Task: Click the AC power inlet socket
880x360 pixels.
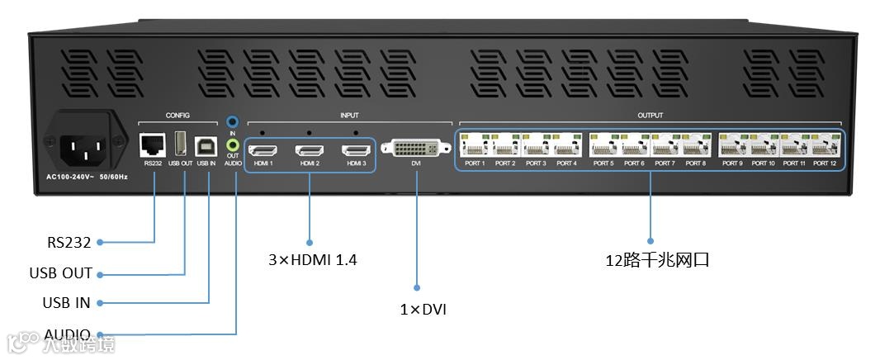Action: click(x=86, y=146)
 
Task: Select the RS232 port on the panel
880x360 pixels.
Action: click(x=152, y=145)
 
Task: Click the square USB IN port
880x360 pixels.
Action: click(x=205, y=146)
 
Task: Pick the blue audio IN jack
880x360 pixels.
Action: click(x=233, y=122)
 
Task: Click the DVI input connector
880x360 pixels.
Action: click(x=416, y=149)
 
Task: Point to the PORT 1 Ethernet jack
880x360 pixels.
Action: click(x=475, y=146)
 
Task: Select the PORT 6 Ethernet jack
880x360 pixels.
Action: click(x=634, y=146)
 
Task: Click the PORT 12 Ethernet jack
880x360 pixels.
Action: click(x=825, y=146)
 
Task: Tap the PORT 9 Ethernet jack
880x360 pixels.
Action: click(x=732, y=146)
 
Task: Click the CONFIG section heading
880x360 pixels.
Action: click(x=177, y=116)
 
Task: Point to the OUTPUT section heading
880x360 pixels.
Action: click(x=651, y=116)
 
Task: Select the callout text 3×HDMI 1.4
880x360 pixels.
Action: click(x=312, y=260)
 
